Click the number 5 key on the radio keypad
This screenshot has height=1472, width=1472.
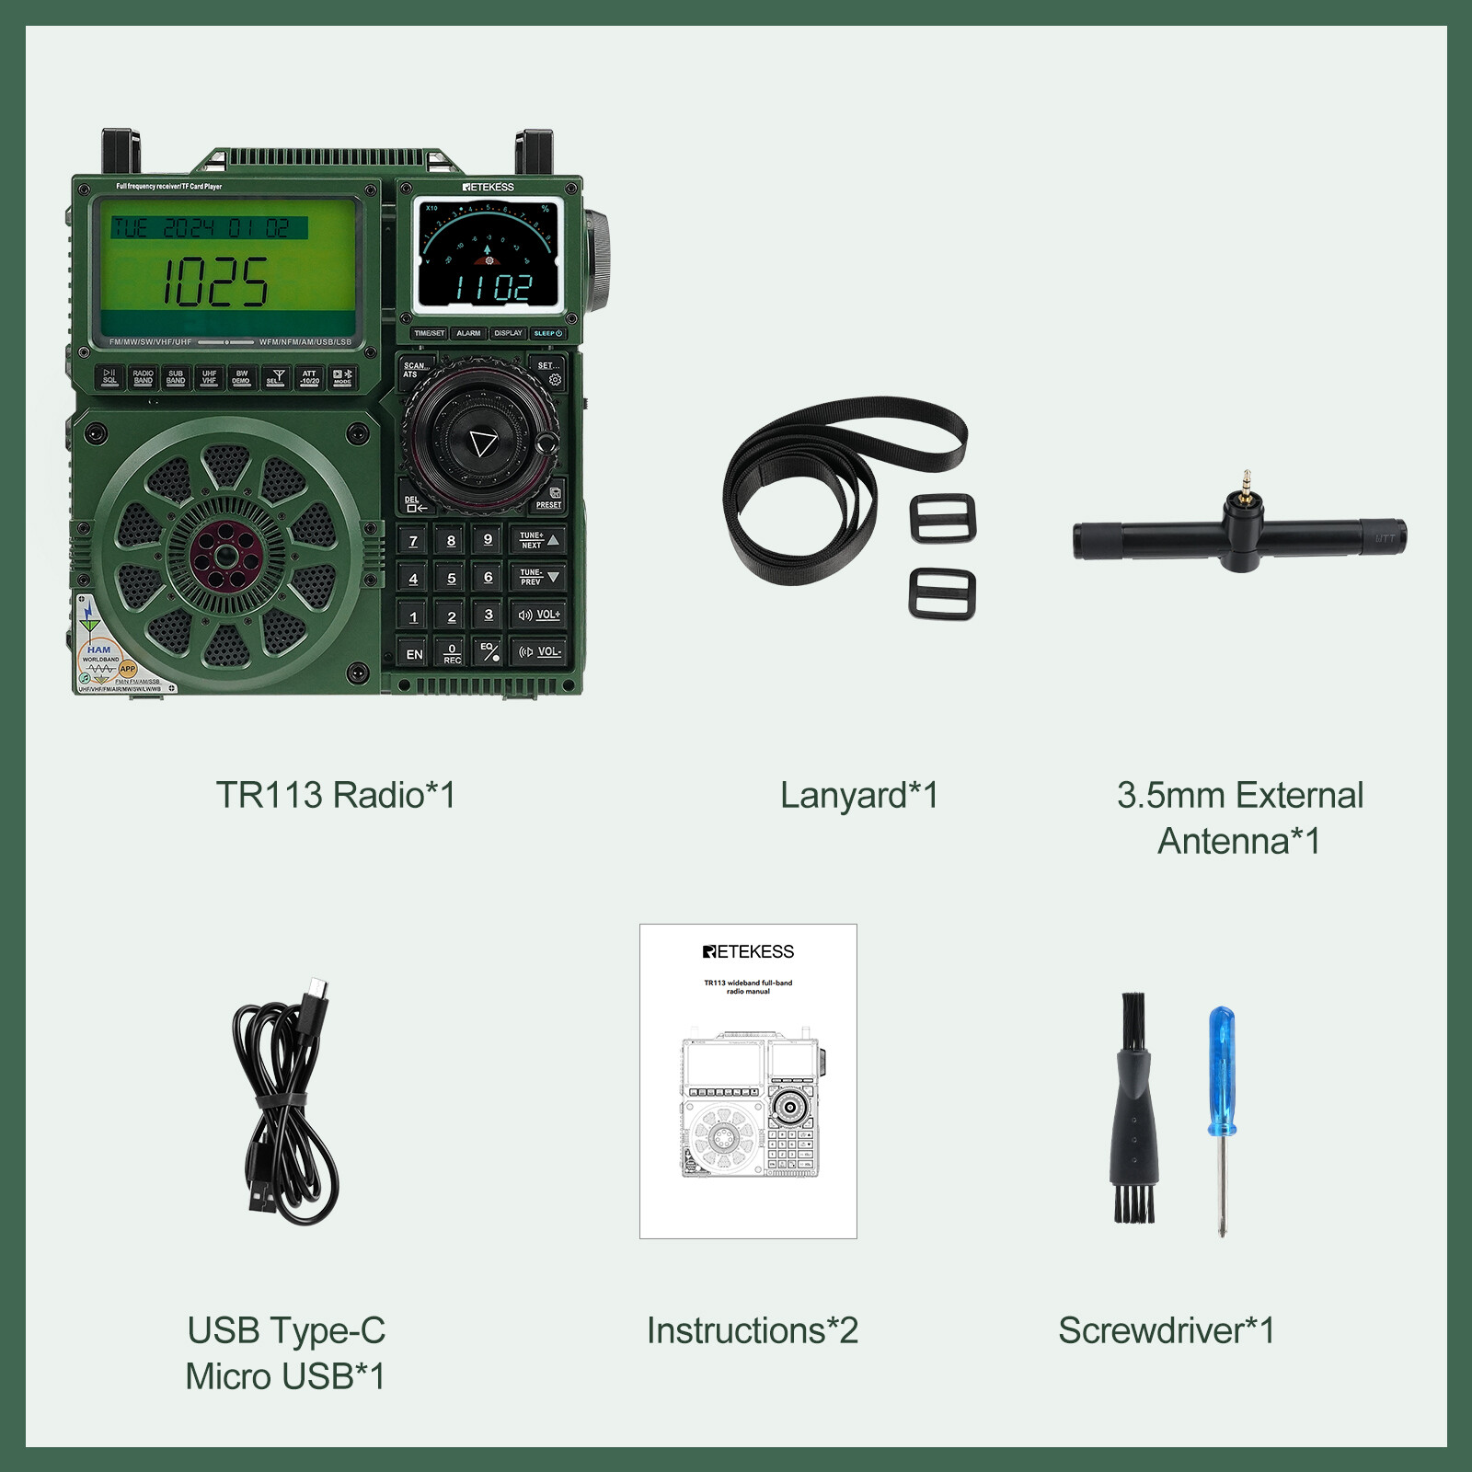451,578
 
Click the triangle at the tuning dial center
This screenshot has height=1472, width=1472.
482,443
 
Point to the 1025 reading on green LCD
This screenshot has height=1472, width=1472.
216,282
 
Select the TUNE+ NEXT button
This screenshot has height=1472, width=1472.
538,540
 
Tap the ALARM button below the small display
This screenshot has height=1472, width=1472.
468,333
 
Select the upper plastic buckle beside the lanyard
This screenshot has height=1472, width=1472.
942,519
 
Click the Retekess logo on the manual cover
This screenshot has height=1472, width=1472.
748,951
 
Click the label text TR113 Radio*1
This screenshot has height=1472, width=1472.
335,795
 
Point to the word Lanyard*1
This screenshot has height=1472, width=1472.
858,795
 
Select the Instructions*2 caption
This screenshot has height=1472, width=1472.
752,1330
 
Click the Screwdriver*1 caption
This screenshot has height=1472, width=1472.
1166,1330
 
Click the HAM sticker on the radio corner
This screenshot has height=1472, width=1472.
99,650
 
